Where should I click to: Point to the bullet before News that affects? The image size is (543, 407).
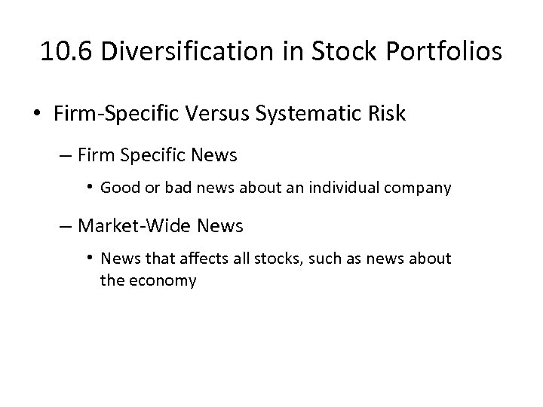(90, 258)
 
